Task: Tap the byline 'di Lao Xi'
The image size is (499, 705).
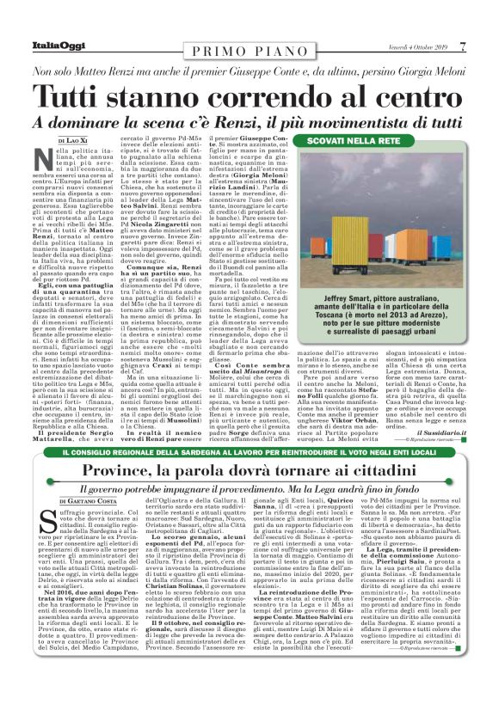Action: (73, 139)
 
